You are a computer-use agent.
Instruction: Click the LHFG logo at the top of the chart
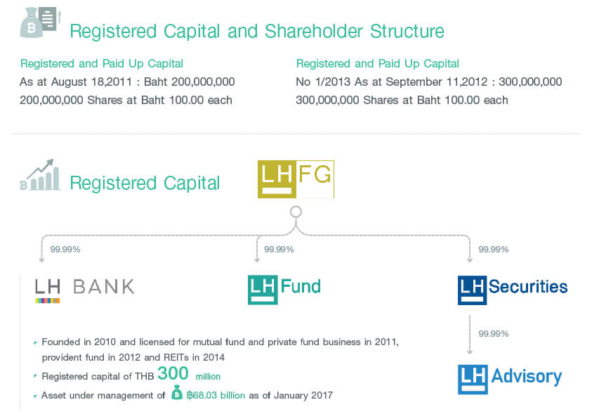[296, 179]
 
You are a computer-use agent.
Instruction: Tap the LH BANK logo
[85, 290]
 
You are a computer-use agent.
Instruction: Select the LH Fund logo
[284, 290]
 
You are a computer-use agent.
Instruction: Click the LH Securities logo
[513, 290]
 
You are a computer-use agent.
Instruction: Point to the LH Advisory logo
[510, 380]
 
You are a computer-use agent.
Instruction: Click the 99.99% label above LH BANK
[65, 250]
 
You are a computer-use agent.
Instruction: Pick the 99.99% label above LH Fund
[279, 250]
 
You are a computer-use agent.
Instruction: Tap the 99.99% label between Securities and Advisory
[494, 334]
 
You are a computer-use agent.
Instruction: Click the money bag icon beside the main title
[41, 22]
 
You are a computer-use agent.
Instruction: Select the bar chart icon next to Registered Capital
[40, 174]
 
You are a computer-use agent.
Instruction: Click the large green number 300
[173, 373]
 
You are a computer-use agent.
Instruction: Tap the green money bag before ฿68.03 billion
[177, 392]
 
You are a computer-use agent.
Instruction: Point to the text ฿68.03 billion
[216, 395]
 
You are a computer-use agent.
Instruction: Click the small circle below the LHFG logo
[296, 212]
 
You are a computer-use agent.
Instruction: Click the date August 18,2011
[91, 82]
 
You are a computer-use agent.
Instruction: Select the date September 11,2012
[436, 82]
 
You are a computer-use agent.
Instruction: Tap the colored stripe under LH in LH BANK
[48, 301]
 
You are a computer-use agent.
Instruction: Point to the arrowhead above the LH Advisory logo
[470, 352]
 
